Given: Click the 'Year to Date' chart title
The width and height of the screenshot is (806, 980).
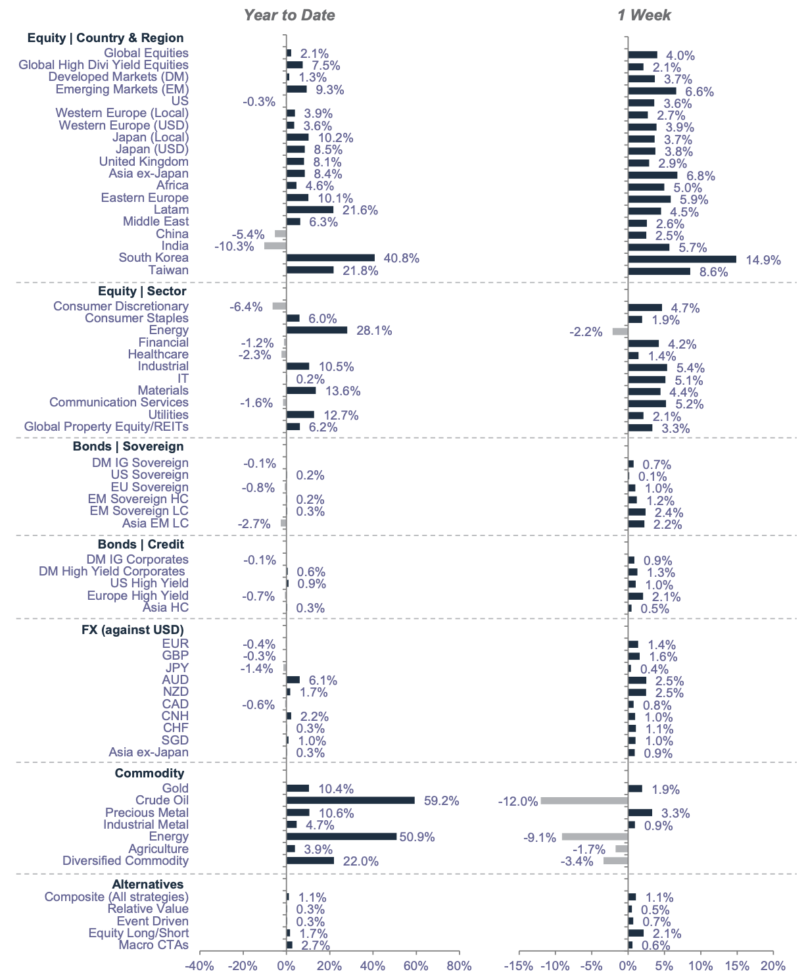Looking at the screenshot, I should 289,15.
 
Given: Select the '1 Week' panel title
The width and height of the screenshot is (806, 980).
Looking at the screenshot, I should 644,15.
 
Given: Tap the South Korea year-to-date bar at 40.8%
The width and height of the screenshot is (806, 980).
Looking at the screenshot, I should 330,258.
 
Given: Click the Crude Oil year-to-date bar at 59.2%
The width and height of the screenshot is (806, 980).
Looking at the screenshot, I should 350,800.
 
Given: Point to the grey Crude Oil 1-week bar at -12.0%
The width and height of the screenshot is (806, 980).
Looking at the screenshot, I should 584,800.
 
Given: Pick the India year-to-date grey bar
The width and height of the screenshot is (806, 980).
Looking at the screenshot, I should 275,246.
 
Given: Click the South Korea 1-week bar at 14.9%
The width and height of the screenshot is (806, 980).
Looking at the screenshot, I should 682,259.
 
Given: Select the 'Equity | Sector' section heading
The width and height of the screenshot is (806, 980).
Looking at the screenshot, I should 142,291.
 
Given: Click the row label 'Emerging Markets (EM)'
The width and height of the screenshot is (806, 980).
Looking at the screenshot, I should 122,89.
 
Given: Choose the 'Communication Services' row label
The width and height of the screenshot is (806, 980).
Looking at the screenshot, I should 119,403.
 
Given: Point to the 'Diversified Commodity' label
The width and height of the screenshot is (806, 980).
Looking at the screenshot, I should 126,861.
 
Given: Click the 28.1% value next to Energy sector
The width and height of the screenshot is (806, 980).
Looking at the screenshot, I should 374,331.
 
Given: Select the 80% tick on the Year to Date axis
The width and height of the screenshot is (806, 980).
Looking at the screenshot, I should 459,966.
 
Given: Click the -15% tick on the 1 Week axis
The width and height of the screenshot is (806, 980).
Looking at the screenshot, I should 519,966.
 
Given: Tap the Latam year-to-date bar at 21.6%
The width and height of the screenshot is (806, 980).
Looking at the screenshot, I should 310,210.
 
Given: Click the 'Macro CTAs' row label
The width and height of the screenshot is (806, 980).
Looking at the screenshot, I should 153,945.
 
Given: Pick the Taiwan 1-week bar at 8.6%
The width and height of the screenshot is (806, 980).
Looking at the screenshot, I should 659,271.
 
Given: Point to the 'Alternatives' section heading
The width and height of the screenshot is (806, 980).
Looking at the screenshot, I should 148,885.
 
